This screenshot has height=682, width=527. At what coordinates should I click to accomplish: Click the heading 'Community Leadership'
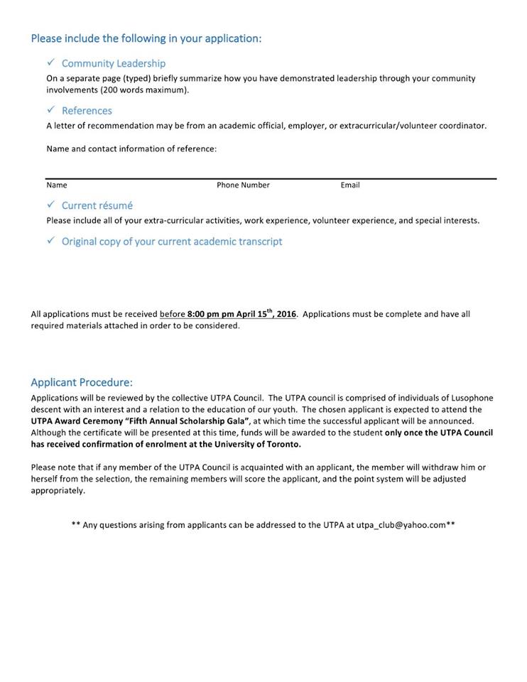114,63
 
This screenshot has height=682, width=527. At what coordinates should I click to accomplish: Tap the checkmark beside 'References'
51,110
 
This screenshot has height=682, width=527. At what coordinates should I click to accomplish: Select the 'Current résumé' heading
97,205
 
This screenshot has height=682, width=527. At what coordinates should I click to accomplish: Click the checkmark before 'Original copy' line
51,241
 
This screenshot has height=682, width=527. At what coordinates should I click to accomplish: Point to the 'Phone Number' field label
243,185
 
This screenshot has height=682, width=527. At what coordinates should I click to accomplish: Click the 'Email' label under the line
350,185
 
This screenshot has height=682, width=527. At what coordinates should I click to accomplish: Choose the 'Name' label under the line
57,185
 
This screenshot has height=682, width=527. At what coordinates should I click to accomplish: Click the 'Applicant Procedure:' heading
82,382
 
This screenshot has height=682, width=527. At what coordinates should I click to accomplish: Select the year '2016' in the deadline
286,314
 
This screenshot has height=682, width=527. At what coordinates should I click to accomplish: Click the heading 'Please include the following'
146,38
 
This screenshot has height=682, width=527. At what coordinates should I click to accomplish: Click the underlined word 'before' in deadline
173,314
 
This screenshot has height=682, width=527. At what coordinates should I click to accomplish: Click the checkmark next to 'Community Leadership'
51,63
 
